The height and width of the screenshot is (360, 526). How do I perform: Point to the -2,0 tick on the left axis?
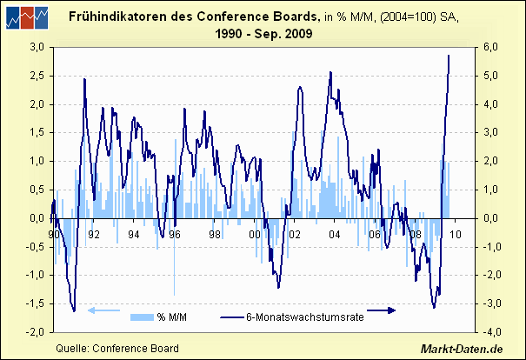37,332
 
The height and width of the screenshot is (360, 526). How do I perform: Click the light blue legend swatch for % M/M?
141,317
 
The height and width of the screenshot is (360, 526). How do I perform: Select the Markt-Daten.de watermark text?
462,349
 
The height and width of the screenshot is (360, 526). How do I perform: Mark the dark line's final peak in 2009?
449,56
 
